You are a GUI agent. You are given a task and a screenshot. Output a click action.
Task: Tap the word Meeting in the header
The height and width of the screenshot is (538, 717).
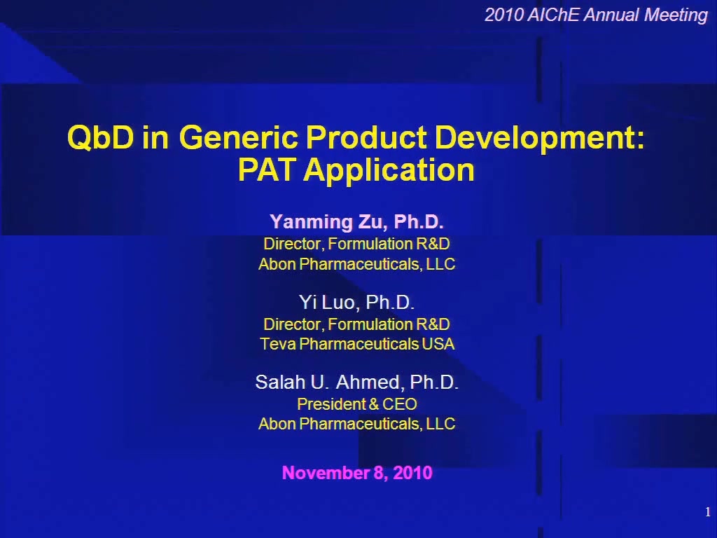tap(676, 15)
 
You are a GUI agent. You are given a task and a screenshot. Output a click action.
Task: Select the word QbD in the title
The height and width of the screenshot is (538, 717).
tap(101, 137)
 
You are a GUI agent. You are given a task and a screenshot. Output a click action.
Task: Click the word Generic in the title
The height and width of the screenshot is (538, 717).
tap(239, 137)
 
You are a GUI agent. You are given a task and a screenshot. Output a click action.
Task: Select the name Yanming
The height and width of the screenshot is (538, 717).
tap(312, 222)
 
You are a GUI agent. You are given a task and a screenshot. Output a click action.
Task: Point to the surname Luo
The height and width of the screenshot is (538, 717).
tap(337, 303)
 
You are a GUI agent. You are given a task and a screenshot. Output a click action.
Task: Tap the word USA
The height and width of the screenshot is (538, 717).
tap(438, 344)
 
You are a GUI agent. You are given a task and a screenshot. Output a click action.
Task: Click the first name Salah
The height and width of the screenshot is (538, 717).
tap(280, 382)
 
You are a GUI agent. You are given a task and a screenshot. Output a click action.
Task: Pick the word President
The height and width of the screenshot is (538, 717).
tap(331, 404)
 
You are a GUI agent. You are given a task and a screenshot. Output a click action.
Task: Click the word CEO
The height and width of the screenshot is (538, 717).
tap(400, 404)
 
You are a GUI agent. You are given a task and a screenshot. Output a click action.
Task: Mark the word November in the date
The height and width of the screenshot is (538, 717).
tap(326, 473)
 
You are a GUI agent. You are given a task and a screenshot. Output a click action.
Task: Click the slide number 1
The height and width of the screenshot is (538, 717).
tap(708, 512)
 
